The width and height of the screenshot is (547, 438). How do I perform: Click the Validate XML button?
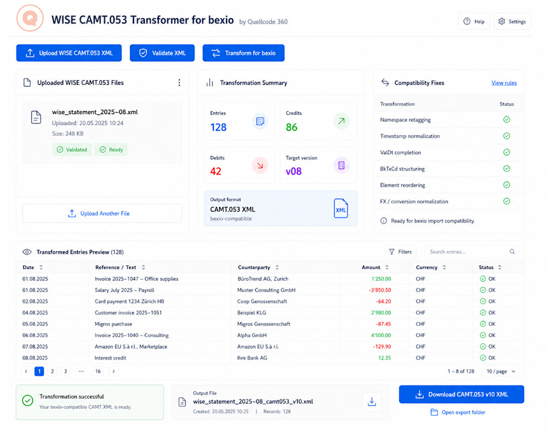[x=162, y=53]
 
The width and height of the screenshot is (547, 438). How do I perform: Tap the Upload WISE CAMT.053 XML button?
[x=69, y=53]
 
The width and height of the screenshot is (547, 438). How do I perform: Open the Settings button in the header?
[x=512, y=22]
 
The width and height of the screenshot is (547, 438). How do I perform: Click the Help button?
[x=474, y=22]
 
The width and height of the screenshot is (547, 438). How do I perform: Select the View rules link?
[x=504, y=83]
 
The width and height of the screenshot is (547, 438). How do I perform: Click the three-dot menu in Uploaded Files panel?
[x=179, y=82]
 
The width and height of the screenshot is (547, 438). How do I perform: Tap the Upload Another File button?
[x=102, y=213]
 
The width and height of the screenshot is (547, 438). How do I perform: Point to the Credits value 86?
[x=291, y=127]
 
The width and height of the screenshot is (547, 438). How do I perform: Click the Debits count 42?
[x=216, y=171]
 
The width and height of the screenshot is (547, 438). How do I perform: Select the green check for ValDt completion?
[x=506, y=152]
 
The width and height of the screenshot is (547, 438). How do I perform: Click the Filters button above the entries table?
[x=400, y=252]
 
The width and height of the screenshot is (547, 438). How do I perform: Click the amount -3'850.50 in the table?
[x=380, y=290]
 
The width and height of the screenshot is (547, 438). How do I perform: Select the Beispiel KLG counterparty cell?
[x=252, y=312]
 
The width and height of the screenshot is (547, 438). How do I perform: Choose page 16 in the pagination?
[x=98, y=371]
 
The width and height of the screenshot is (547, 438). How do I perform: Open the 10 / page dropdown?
[x=500, y=371]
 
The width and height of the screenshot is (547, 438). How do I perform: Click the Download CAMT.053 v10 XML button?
[x=461, y=394]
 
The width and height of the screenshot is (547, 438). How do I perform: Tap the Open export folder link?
[x=458, y=412]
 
